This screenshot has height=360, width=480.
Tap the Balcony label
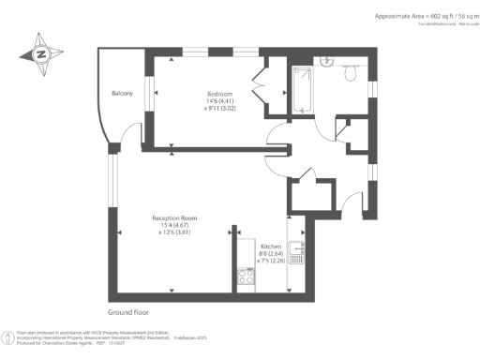[x=122, y=94]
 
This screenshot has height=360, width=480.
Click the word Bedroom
[x=220, y=94]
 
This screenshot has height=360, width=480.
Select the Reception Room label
[x=173, y=217]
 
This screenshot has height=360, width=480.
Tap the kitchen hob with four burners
[x=247, y=276]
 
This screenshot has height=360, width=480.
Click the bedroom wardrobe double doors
[x=262, y=83]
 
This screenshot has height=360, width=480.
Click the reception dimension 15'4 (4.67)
[x=173, y=225]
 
